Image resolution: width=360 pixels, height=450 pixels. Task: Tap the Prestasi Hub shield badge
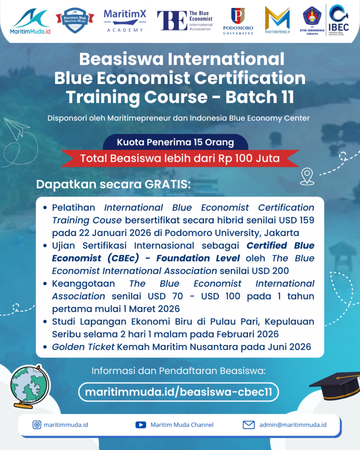75,20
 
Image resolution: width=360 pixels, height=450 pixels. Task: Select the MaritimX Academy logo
125,21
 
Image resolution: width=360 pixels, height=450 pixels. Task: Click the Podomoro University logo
238,21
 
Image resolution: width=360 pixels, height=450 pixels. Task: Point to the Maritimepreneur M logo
277,20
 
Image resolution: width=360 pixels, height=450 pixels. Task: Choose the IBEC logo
339,20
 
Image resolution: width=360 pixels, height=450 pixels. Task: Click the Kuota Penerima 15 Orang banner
175,142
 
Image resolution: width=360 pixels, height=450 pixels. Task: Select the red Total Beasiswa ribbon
180,158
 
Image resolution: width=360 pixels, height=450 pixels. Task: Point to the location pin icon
307,176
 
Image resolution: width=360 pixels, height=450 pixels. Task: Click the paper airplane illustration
17,129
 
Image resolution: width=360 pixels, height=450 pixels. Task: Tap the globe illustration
29,387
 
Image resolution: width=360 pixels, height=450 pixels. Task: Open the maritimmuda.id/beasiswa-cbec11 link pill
178,392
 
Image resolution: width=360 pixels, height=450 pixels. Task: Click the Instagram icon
37,425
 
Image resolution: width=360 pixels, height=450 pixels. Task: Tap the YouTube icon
141,425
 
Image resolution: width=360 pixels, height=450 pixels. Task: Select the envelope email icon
249,425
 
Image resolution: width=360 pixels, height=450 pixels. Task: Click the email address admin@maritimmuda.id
293,425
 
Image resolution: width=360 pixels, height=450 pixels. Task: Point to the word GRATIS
167,184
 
